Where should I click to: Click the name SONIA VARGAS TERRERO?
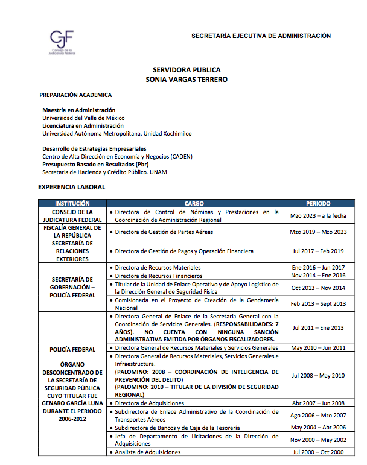182,79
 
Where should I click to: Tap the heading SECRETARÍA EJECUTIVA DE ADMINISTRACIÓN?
261,36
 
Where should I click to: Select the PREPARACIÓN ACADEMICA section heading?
75,95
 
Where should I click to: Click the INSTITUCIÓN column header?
72,204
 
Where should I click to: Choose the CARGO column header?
194,204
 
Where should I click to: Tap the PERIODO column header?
318,204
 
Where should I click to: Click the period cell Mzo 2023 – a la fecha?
318,216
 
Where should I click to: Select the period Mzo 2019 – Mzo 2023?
318,232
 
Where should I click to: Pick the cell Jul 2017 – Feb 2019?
318,251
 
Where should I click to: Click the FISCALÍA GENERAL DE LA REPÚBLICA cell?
72,232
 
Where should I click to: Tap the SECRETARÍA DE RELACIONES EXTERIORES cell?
72,251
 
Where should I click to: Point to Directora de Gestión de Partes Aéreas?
163,232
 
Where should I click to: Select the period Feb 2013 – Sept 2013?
318,304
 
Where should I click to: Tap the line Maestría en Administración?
78,110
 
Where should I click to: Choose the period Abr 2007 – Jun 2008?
318,403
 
